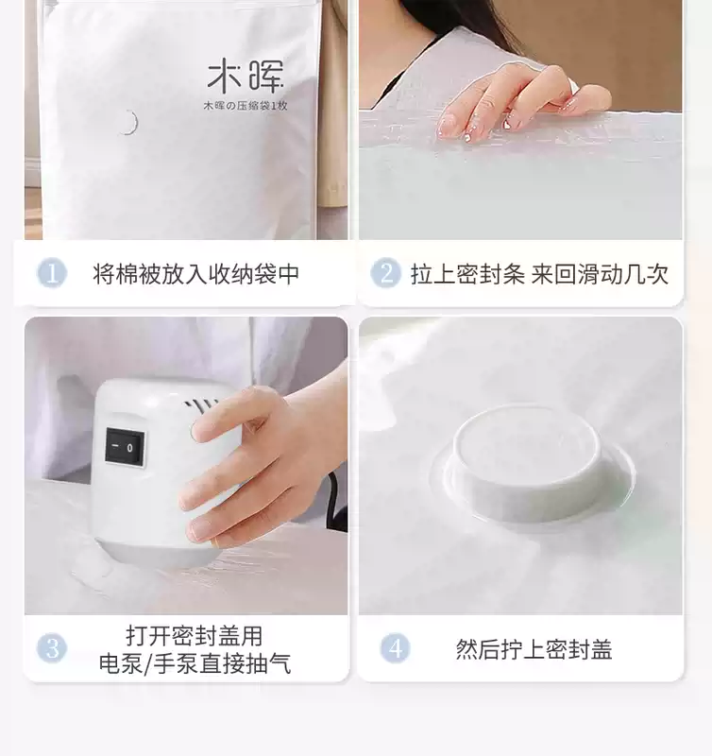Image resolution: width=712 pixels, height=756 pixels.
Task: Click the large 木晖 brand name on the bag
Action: (x=246, y=76)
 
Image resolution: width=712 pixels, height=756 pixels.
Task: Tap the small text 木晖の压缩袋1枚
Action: (x=246, y=106)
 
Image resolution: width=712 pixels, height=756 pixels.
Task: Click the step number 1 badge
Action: (x=52, y=273)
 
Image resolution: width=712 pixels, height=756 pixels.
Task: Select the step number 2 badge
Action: (x=385, y=273)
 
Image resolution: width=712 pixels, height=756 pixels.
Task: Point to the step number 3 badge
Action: (x=52, y=648)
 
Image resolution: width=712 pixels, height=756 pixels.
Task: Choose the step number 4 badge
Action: (x=395, y=648)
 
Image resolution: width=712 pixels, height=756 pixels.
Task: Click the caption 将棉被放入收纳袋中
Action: (x=196, y=274)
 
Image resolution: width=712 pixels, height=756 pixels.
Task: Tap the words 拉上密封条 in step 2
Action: (x=467, y=274)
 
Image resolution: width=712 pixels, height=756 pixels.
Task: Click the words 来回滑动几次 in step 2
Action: (x=600, y=274)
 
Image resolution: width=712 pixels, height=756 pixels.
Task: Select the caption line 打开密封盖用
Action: (x=195, y=635)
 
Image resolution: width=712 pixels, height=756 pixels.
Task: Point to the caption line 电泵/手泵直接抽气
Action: (x=195, y=663)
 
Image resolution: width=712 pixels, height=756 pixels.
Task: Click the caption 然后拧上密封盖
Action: (x=534, y=649)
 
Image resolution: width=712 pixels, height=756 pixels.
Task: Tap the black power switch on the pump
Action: (x=125, y=446)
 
